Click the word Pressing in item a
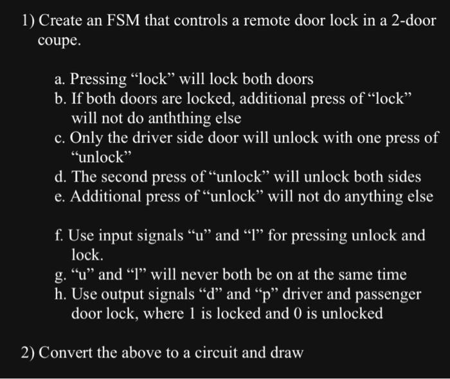click(x=98, y=80)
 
